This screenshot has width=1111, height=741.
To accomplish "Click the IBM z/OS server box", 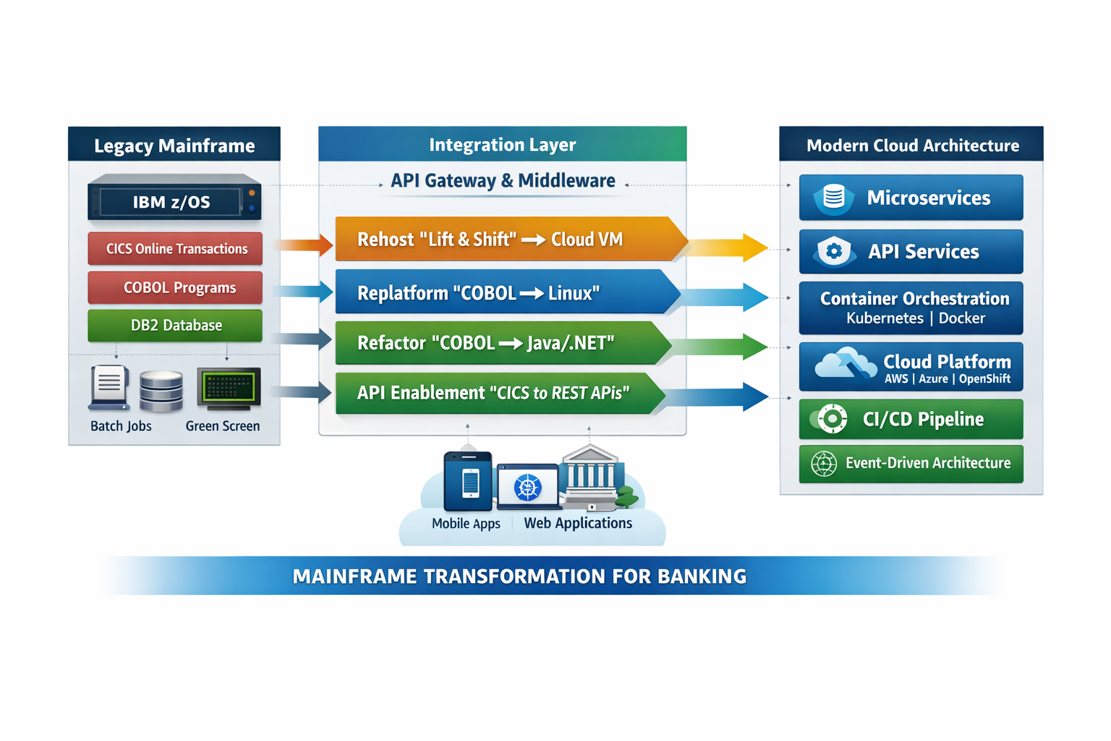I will point(174,200).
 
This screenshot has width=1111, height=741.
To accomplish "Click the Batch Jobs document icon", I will point(109,386).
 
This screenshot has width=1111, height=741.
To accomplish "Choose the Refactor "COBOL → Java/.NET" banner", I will point(499,342).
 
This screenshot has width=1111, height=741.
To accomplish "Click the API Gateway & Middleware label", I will point(503,181).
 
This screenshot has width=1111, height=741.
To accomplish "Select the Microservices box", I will point(911,198).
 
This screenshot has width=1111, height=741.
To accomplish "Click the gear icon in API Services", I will point(834,252).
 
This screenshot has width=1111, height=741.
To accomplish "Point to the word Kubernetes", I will point(885,318).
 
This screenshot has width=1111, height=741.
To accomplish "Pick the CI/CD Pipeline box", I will point(911,419).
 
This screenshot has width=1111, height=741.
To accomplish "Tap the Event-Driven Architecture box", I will point(911,463).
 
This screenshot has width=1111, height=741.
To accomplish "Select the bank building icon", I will point(591,478).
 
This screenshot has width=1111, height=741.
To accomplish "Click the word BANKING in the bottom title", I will point(702,577).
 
